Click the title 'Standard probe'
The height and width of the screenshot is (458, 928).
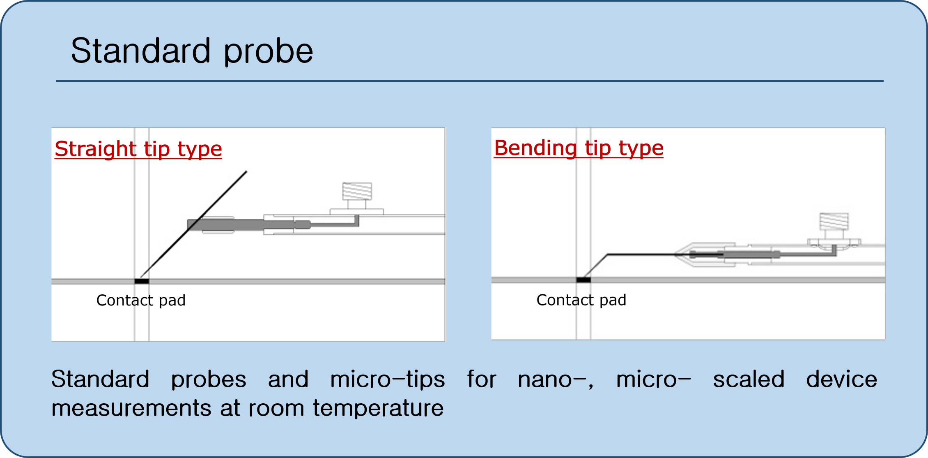click(192, 51)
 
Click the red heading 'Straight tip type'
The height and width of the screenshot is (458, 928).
click(138, 149)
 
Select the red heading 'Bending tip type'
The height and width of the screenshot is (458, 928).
click(579, 148)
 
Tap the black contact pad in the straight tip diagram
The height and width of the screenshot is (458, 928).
click(142, 281)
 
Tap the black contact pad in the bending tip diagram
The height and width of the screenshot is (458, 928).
click(583, 280)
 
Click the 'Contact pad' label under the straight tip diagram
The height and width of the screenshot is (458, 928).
click(141, 301)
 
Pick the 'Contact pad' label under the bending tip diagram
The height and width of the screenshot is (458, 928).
click(581, 300)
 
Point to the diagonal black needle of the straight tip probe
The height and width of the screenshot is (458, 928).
click(193, 224)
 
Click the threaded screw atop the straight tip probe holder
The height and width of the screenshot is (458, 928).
click(357, 192)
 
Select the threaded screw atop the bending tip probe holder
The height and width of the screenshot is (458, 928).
click(834, 222)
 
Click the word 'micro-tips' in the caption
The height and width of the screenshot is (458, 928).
click(388, 379)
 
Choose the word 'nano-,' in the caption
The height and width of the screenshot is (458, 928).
click(556, 379)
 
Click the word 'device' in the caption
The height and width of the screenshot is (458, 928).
click(842, 379)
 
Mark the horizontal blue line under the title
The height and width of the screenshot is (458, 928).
click(470, 81)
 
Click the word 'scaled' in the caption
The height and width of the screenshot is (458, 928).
click(749, 379)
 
